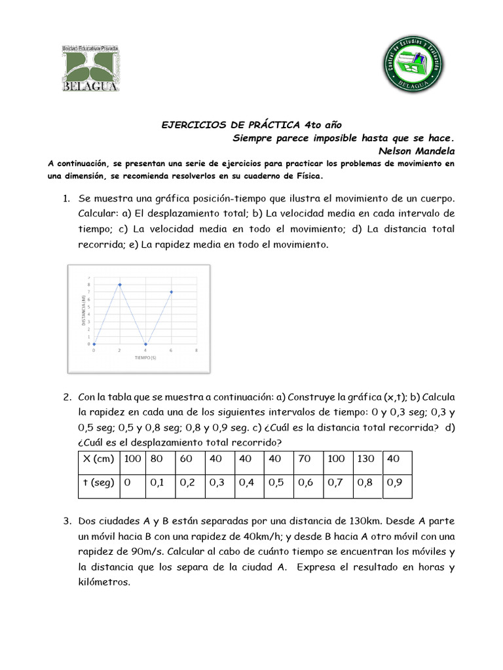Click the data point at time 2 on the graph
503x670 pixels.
(x=119, y=285)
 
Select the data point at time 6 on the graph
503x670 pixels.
(x=171, y=292)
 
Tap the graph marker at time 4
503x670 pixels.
(x=145, y=344)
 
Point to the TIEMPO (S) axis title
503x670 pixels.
(x=145, y=358)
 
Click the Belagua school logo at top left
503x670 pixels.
(x=90, y=69)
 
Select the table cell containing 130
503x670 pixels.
(x=365, y=459)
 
